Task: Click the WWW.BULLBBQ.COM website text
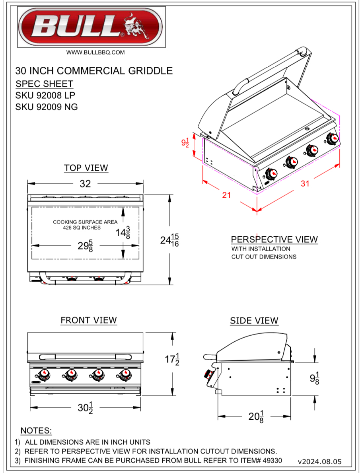95,52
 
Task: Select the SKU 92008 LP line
45,95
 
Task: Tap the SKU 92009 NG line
46,107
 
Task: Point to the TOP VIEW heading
86,168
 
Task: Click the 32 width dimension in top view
85,183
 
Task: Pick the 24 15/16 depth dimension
169,240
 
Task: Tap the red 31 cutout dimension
305,183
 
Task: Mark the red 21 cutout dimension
226,195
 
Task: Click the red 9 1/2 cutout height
185,143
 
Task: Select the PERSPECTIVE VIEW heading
274,239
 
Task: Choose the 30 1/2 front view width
85,408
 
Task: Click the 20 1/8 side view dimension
255,417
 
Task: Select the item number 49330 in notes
272,461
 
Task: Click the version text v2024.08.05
319,462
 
